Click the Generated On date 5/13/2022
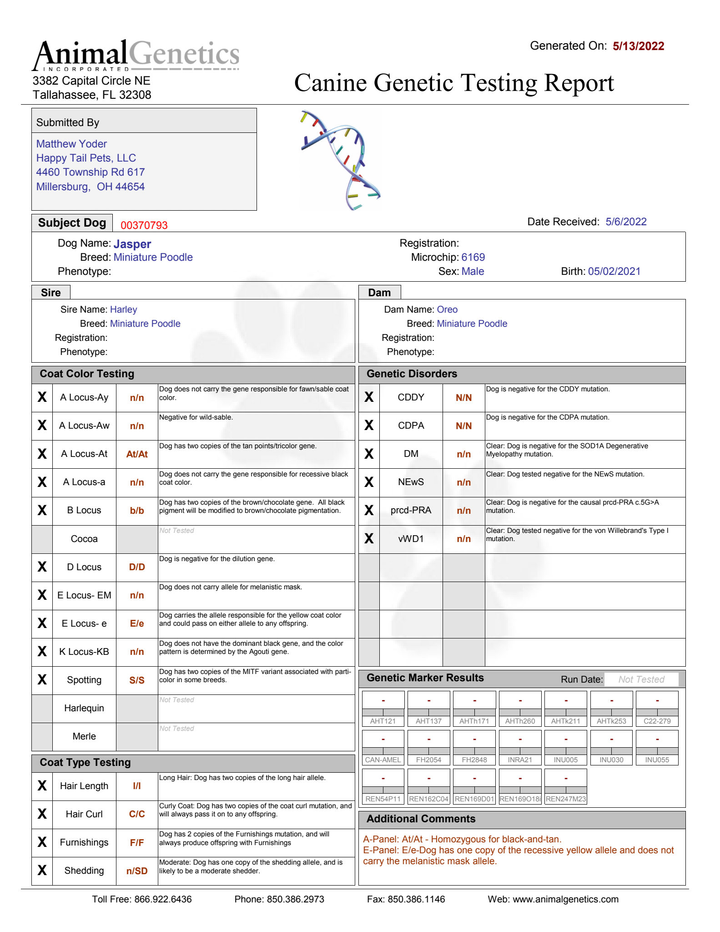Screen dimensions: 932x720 [x=638, y=46]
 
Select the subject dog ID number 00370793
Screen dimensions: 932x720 [x=144, y=225]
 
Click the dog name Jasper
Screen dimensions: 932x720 [x=132, y=244]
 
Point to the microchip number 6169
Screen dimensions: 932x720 [x=473, y=257]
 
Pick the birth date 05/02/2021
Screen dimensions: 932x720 [x=614, y=271]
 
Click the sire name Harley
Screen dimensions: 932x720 [x=123, y=309]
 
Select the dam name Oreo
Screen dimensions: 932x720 [x=447, y=309]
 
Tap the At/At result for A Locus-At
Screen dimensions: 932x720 [x=137, y=454]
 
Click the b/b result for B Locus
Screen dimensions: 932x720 [x=137, y=511]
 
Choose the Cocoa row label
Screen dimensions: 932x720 [x=84, y=539]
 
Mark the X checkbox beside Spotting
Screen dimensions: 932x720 [x=42, y=680]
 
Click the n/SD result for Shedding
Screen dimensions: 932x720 [x=137, y=871]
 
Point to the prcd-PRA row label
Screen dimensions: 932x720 [x=411, y=510]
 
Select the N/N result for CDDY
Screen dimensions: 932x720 [x=463, y=398]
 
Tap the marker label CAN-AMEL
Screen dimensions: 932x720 [x=383, y=760]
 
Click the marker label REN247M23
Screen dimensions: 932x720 [x=566, y=799]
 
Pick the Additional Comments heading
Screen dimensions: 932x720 [x=421, y=819]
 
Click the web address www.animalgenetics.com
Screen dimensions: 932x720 [x=565, y=899]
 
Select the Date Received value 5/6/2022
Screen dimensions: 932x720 [x=626, y=222]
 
